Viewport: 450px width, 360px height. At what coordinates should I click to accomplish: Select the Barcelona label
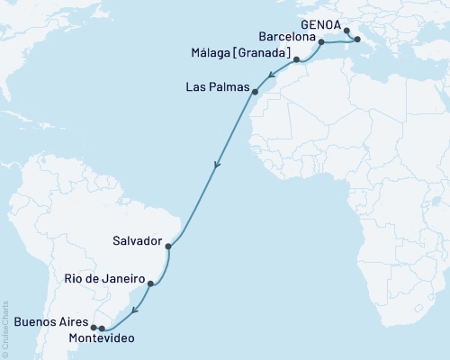(x=286, y=40)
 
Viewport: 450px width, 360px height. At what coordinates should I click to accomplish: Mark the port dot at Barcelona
(x=321, y=42)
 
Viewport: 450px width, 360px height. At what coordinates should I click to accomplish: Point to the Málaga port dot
(x=296, y=59)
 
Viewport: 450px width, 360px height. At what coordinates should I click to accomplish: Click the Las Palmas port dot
(x=256, y=92)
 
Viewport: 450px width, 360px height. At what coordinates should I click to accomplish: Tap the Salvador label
(x=138, y=243)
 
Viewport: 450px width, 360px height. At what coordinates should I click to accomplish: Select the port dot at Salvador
(x=168, y=244)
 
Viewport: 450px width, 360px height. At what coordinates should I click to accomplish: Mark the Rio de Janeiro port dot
(x=150, y=284)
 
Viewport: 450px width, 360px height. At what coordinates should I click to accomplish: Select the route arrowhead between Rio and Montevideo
(x=133, y=311)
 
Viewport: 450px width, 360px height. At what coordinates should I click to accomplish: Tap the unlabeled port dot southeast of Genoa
(x=357, y=40)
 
